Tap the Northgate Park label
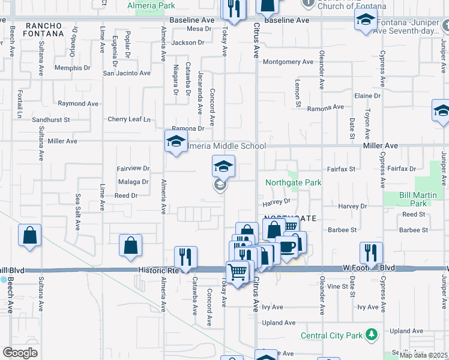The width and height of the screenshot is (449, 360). click(294, 182)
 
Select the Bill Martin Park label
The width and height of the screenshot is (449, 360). click(414, 199)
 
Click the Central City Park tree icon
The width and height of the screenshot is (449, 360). click(372, 334)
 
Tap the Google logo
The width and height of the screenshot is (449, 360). click(20, 353)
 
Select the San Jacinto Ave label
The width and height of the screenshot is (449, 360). click(127, 73)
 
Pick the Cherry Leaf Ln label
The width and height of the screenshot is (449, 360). click(129, 119)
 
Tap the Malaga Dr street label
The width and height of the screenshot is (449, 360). click(133, 182)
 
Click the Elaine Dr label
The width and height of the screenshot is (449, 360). click(367, 96)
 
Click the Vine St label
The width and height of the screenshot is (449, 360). click(338, 286)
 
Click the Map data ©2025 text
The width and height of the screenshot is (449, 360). click(423, 355)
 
